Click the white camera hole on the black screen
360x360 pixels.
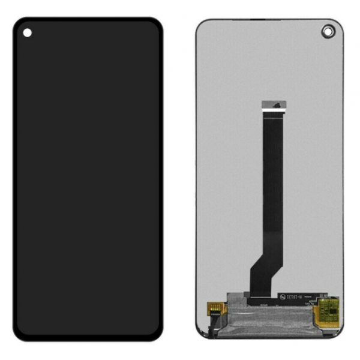[x=27, y=33]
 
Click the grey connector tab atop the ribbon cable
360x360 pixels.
[x=272, y=105]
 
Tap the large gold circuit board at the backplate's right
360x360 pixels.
[x=328, y=314]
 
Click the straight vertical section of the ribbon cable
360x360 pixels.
[x=272, y=180]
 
